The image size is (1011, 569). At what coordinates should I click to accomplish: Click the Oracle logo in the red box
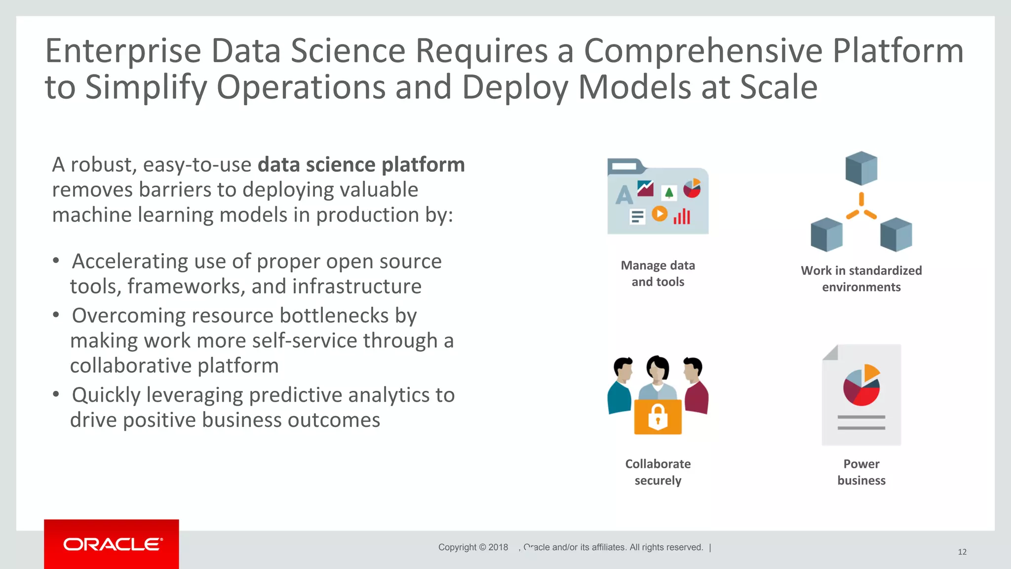click(x=112, y=544)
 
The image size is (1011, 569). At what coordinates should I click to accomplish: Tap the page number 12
click(x=962, y=552)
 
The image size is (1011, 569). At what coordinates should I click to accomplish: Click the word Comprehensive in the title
click(x=703, y=51)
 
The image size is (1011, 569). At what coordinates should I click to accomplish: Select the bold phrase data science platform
click(x=361, y=165)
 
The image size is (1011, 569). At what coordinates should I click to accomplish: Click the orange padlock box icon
click(x=658, y=417)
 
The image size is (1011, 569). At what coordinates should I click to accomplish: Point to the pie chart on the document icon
click(x=861, y=386)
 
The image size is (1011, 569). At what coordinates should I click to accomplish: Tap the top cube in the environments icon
click(x=861, y=168)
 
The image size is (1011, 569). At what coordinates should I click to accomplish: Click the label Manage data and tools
click(x=658, y=273)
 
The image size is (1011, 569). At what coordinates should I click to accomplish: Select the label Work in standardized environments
click(x=861, y=279)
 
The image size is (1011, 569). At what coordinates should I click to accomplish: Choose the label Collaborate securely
click(x=658, y=472)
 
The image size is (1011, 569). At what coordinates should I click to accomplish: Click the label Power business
click(x=861, y=472)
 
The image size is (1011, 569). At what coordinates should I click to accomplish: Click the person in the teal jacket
click(x=621, y=387)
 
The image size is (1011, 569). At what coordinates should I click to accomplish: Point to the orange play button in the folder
click(x=660, y=214)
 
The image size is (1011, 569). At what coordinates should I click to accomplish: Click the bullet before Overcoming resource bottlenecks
click(x=56, y=315)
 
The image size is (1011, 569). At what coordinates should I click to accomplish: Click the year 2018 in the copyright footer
click(x=498, y=547)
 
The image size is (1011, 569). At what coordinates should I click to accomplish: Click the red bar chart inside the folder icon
click(x=682, y=216)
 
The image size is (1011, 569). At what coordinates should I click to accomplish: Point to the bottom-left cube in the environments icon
click(x=826, y=234)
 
